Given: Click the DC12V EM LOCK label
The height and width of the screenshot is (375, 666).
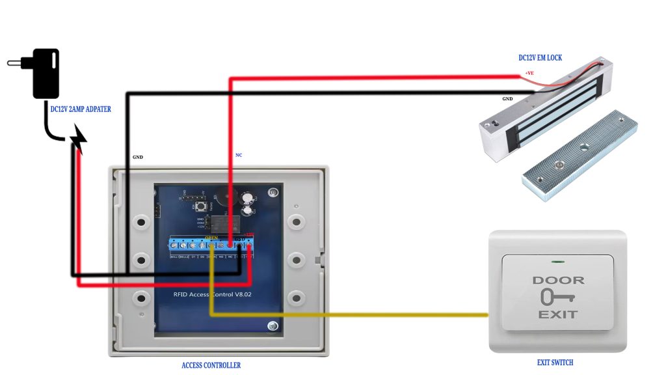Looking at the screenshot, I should (x=540, y=58).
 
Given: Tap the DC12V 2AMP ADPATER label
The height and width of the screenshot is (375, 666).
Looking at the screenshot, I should (x=81, y=109).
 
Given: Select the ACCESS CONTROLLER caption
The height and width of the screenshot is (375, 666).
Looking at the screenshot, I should (x=211, y=365).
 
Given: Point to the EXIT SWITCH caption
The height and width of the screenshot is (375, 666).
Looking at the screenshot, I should (x=555, y=363).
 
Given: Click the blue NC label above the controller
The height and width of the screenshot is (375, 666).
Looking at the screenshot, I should (x=239, y=155).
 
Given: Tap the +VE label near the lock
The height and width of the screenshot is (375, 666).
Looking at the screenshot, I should (x=529, y=73).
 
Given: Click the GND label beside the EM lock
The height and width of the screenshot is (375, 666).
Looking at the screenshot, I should (x=507, y=99).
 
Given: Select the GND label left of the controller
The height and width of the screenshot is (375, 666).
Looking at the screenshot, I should (x=138, y=157).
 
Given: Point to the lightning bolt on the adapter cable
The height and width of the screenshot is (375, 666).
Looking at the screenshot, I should (x=78, y=139).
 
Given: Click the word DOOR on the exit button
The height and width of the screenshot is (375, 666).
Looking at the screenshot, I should (x=558, y=281).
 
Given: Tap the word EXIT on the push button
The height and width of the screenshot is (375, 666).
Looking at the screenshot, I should (x=557, y=314).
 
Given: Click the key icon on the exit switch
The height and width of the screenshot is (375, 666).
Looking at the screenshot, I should (x=556, y=298).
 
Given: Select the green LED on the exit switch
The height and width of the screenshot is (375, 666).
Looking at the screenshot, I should (x=557, y=263).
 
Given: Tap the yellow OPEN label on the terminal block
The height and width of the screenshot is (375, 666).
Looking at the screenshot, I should (x=212, y=238).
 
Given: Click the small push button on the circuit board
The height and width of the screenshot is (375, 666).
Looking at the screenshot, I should (x=201, y=206).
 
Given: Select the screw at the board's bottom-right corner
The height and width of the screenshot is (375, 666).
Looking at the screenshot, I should (x=273, y=326).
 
